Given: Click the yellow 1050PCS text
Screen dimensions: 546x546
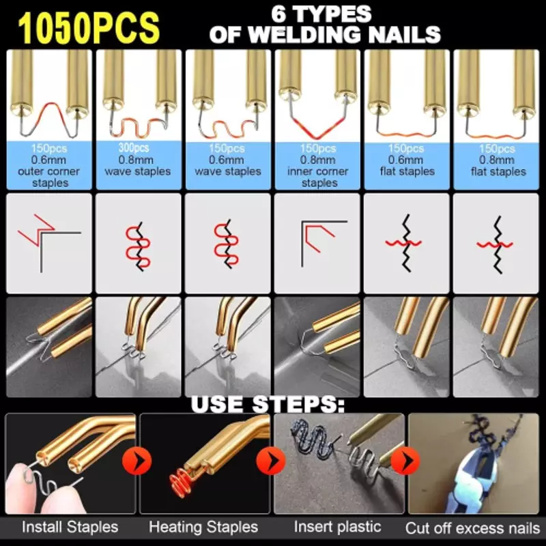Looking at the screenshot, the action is pyautogui.click(x=89, y=28).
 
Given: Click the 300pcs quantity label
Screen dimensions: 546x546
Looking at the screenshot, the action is pyautogui.click(x=134, y=148).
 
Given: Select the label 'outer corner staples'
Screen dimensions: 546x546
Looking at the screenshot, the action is pyautogui.click(x=48, y=177).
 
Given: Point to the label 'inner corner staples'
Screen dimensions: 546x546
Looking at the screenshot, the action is pyautogui.click(x=317, y=177).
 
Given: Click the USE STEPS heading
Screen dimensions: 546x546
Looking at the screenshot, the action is pyautogui.click(x=268, y=404).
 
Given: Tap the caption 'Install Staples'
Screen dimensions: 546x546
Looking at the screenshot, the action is pyautogui.click(x=70, y=527).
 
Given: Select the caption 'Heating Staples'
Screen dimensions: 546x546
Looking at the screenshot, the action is pyautogui.click(x=203, y=527).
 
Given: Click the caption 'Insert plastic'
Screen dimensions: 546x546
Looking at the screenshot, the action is pyautogui.click(x=337, y=526).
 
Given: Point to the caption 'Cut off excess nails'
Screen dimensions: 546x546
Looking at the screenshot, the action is pyautogui.click(x=473, y=528).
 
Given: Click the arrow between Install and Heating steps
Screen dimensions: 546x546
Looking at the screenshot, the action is pyautogui.click(x=137, y=461).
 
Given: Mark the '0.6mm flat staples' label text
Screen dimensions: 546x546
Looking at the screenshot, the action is pyautogui.click(x=407, y=166).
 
